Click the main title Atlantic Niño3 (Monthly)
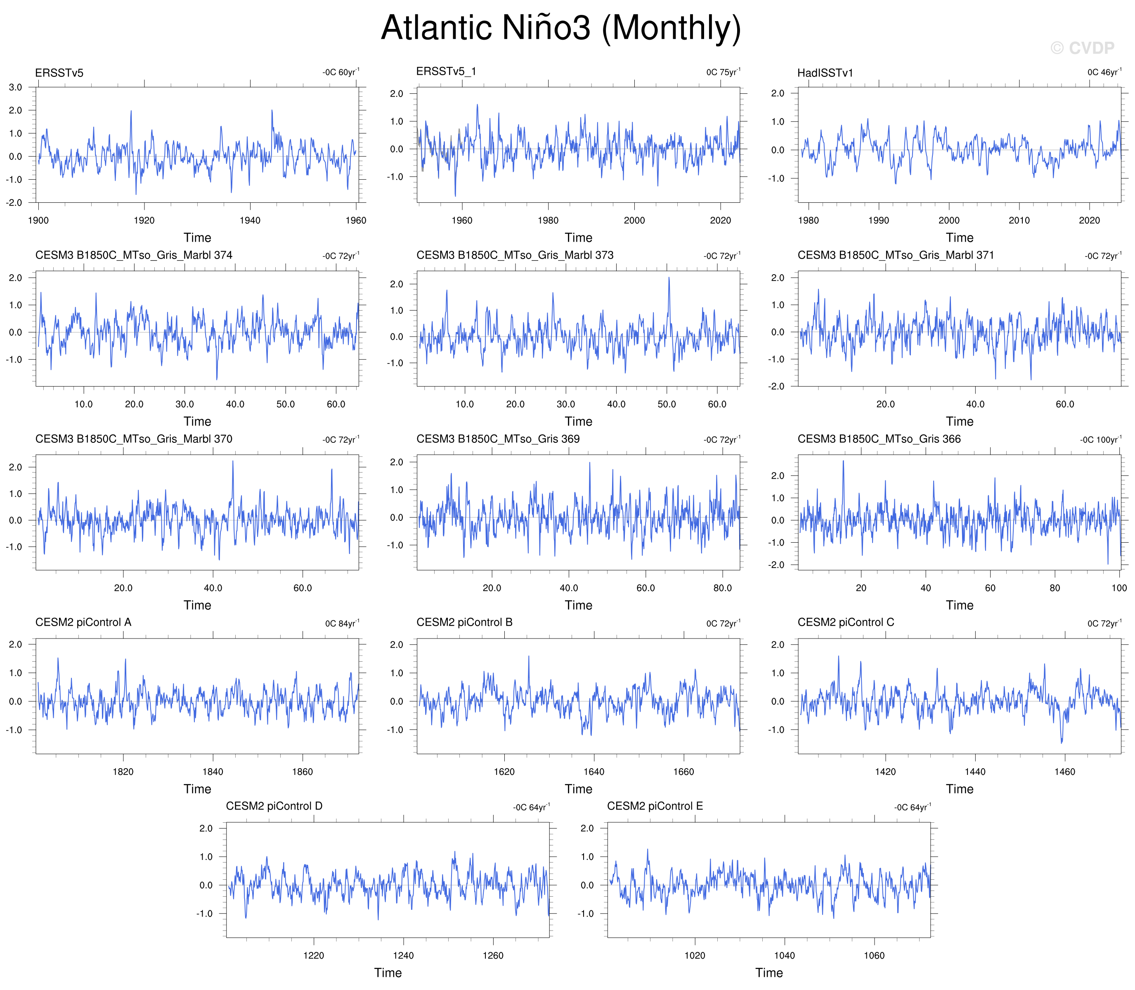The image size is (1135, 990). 561,28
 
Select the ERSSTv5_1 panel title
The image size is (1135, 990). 446,71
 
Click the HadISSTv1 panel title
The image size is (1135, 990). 825,73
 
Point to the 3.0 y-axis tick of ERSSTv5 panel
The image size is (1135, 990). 15,87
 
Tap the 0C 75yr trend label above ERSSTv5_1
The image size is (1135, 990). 723,72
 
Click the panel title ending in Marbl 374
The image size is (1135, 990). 134,255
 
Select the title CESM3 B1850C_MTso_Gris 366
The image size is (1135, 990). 879,439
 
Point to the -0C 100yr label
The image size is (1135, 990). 1101,440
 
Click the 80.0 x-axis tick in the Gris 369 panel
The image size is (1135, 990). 723,588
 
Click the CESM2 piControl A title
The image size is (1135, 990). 83,622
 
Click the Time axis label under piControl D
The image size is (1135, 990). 388,973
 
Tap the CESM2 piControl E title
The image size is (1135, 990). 655,806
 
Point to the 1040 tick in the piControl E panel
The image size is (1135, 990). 785,956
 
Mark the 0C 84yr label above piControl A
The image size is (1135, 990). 342,623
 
